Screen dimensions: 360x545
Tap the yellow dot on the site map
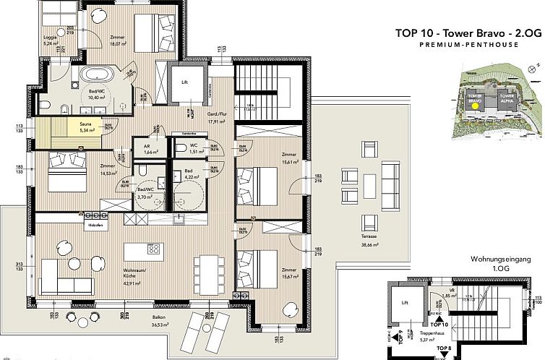click(474, 104)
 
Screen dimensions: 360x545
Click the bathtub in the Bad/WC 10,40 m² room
click(95, 74)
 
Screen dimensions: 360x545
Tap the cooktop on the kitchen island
click(153, 248)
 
